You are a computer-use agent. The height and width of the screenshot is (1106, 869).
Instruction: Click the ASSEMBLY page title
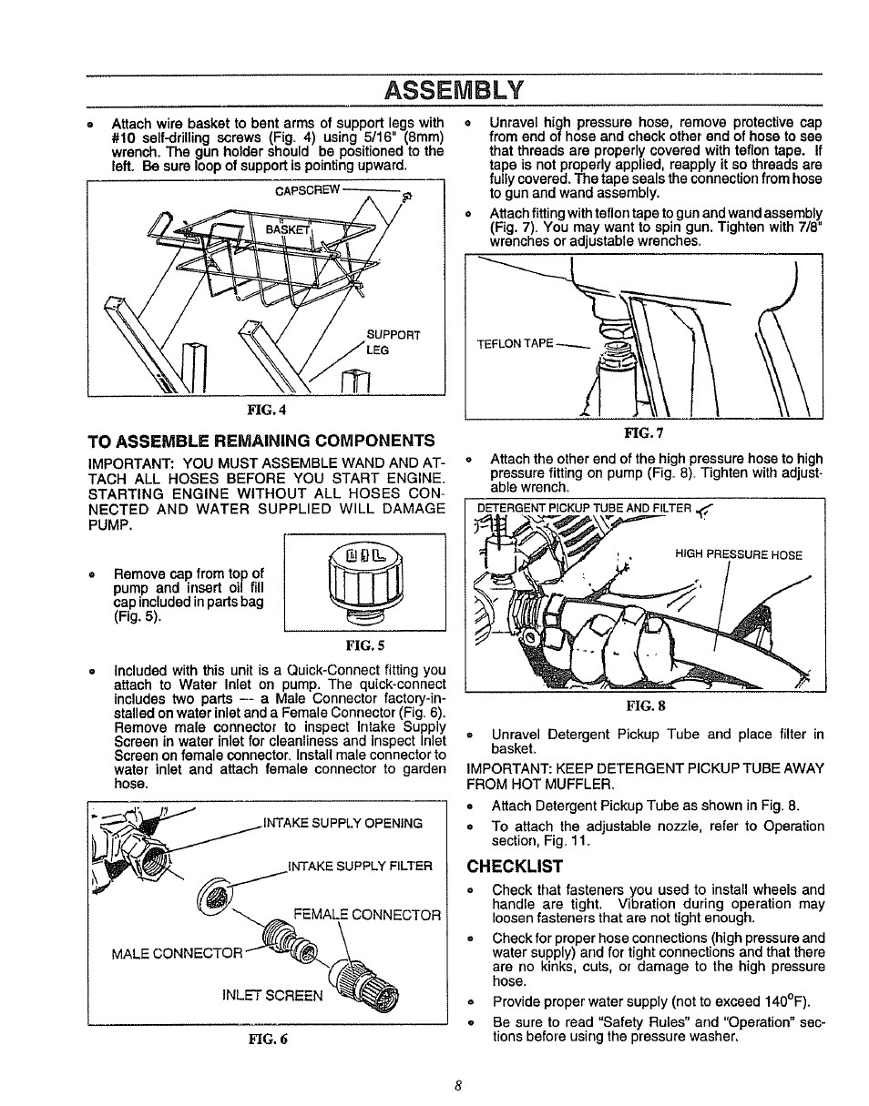454,90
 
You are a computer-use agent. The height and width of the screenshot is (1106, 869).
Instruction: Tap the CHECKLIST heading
515,866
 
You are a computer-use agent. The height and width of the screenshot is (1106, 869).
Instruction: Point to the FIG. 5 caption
364,645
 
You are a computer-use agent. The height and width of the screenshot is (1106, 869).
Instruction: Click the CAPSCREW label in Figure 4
307,190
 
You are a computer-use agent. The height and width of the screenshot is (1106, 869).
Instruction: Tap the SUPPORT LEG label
393,341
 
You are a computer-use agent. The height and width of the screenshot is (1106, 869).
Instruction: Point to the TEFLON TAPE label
516,343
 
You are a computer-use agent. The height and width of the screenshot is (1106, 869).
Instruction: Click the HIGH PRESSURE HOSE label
738,553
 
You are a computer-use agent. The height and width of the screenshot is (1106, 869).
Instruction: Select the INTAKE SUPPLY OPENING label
342,824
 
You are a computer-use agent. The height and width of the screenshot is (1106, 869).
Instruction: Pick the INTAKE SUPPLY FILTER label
359,866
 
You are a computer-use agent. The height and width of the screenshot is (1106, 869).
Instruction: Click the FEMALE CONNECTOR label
367,914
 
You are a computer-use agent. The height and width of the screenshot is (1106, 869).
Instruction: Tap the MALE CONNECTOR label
177,954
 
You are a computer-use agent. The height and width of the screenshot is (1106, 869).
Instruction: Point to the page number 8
460,1085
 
